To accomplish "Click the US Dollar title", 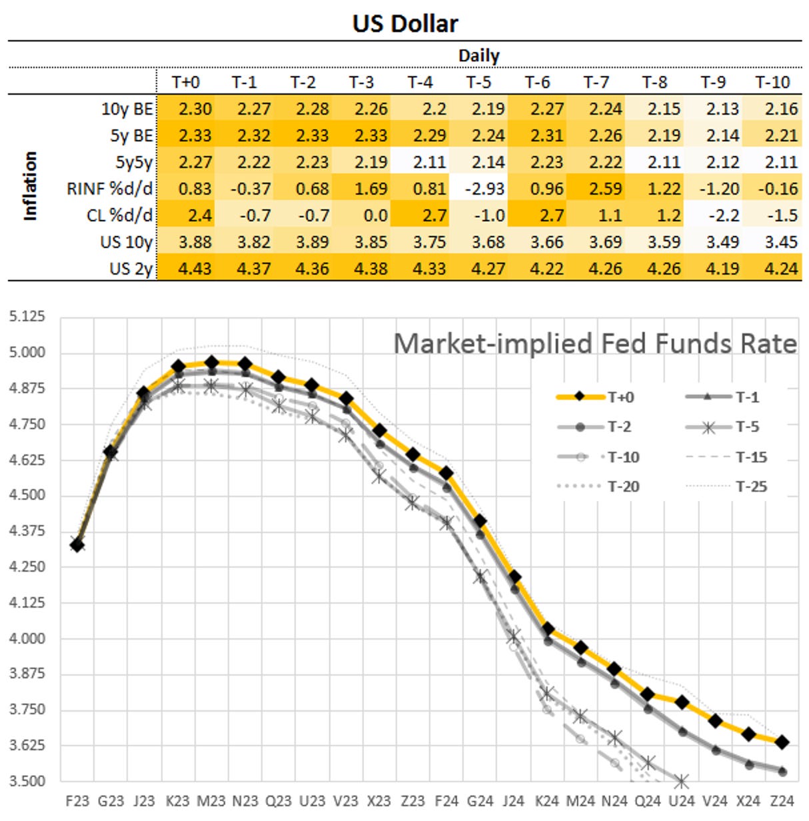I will (404, 23).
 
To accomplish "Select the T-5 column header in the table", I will (478, 82).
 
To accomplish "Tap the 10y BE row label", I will (127, 109).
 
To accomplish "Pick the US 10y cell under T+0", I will (195, 242).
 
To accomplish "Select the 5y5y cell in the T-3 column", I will (371, 162).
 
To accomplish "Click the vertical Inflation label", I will (30, 186).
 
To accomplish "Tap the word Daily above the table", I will (478, 56).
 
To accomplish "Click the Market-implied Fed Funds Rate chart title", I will (594, 344).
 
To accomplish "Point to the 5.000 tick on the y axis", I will (27, 352).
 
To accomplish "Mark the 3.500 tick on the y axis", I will (27, 780).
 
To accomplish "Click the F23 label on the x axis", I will (77, 801).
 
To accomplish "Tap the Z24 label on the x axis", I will (782, 801).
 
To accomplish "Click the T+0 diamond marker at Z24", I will (782, 742).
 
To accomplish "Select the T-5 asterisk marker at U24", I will (681, 781).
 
